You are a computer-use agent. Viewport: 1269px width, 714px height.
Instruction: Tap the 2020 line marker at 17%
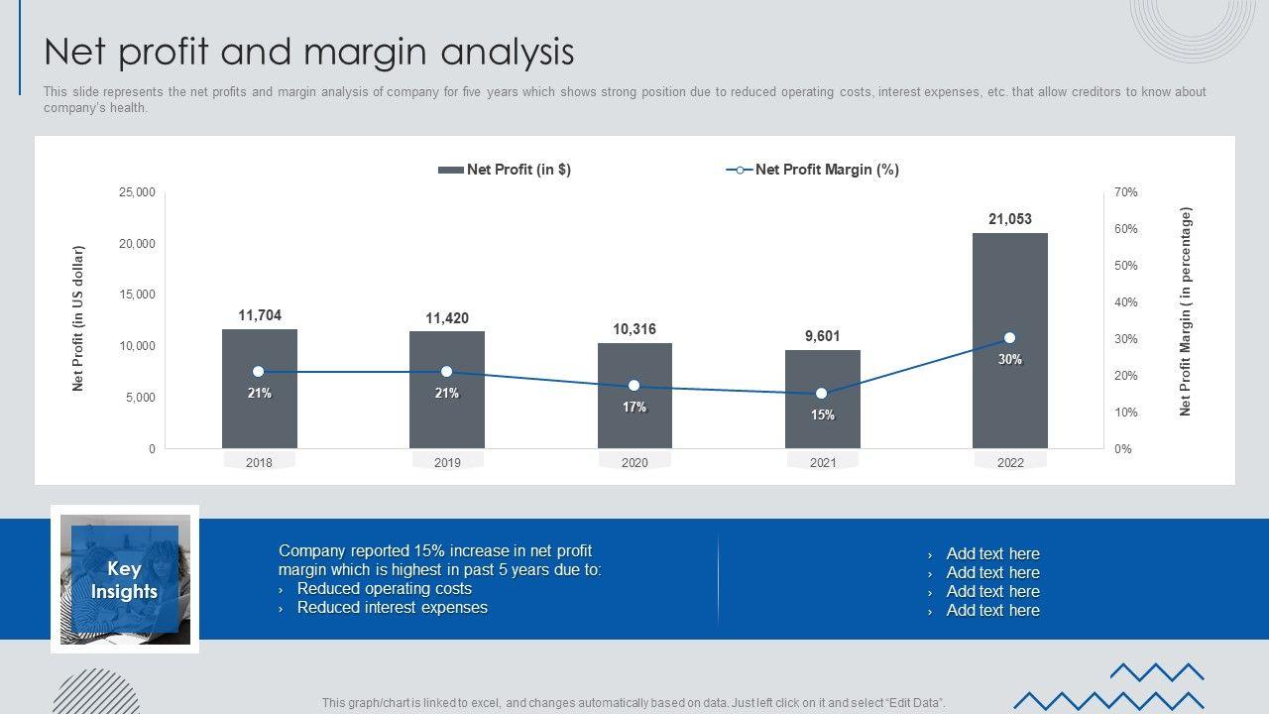click(x=634, y=386)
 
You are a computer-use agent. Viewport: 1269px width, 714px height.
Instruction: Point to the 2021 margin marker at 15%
click(x=821, y=394)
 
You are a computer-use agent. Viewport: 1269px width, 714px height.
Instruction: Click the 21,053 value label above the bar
click(x=1009, y=219)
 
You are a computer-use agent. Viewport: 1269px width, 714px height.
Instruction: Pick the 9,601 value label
click(x=822, y=336)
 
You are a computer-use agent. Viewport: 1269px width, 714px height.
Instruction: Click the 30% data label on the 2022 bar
click(x=1009, y=360)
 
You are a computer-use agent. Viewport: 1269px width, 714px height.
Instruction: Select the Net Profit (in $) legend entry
click(x=506, y=170)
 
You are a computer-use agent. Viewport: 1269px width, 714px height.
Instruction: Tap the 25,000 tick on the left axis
click(x=137, y=192)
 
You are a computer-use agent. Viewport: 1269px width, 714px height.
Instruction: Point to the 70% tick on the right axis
click(x=1125, y=192)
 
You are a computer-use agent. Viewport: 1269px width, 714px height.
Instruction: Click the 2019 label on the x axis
click(x=447, y=463)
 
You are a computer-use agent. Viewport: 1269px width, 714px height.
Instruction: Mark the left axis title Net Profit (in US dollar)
click(x=78, y=318)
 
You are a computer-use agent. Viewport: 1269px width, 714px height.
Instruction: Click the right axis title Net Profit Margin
click(x=1186, y=311)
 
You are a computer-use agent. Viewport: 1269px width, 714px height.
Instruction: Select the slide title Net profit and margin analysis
click(x=308, y=52)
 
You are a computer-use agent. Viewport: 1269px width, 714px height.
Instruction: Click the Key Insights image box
click(x=125, y=580)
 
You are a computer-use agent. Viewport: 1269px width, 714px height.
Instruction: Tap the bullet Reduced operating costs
click(x=384, y=589)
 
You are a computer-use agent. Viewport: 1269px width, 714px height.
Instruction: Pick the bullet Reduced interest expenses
click(x=392, y=608)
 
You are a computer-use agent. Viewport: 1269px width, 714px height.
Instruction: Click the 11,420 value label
click(x=447, y=318)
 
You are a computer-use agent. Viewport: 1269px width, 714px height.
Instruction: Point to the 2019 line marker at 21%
click(x=446, y=372)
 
